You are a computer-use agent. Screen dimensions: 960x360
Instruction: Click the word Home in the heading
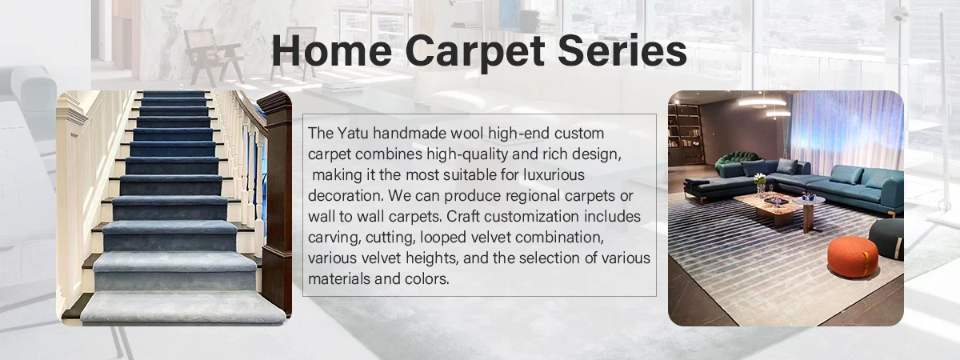[332, 50]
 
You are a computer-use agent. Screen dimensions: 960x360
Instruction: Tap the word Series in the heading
[622, 50]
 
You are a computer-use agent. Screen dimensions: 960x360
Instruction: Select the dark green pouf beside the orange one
[887, 238]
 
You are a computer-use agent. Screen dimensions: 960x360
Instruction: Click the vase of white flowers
[760, 184]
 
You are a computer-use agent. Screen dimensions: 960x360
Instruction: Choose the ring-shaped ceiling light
[762, 102]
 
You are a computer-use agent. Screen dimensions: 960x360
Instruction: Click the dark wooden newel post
[277, 202]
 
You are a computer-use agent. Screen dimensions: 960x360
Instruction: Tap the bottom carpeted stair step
[183, 306]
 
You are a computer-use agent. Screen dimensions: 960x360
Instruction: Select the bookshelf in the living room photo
[685, 133]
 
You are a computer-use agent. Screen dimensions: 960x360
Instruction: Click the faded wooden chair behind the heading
[213, 56]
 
